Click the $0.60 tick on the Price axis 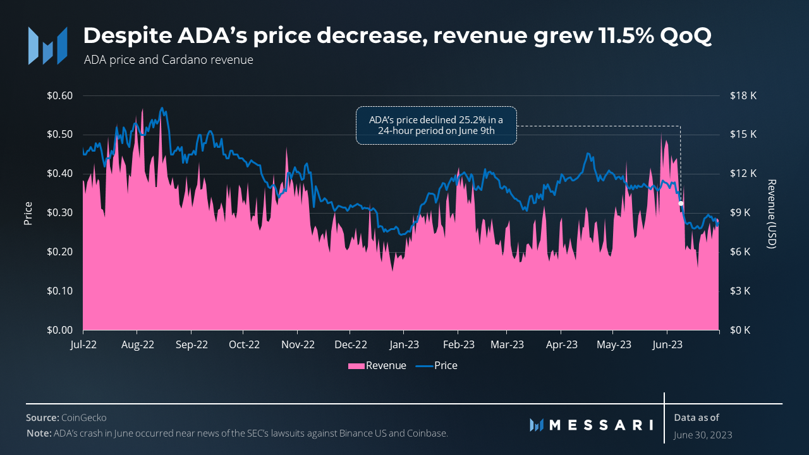60,96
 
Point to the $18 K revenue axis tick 743,96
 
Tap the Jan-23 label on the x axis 405,345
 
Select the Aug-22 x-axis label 137,345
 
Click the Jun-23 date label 667,345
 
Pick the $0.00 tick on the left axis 60,330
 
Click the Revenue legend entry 377,366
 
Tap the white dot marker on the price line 681,203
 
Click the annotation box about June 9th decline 436,125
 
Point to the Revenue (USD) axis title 770,214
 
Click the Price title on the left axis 28,214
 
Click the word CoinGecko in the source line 83,418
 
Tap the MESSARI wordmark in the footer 600,425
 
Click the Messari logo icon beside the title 47,45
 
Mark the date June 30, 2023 703,435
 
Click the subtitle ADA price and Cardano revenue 168,60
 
